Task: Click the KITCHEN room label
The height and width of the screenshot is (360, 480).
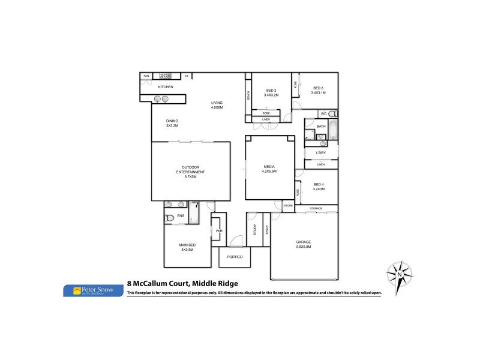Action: coord(166,88)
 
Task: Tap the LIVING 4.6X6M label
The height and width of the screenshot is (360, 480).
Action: coord(217,105)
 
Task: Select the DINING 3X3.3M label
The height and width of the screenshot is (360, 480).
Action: coord(172,124)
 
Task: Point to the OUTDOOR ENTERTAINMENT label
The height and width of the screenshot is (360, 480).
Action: coord(191,172)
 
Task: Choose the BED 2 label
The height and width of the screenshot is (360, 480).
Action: coord(271,92)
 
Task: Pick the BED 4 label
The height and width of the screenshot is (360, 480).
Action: coord(318,187)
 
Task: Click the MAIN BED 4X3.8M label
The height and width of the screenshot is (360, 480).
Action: coord(188,247)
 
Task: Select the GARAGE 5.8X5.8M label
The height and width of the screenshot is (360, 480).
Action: coord(304,244)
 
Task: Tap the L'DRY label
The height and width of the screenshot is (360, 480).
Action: coord(321,154)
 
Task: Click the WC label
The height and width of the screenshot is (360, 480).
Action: coord(323,113)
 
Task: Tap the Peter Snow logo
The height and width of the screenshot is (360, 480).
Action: coord(93,290)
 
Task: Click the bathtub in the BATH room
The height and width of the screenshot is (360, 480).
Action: coord(334,130)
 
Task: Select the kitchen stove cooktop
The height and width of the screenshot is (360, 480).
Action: coord(166,76)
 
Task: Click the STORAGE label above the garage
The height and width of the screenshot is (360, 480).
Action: coord(316,209)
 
